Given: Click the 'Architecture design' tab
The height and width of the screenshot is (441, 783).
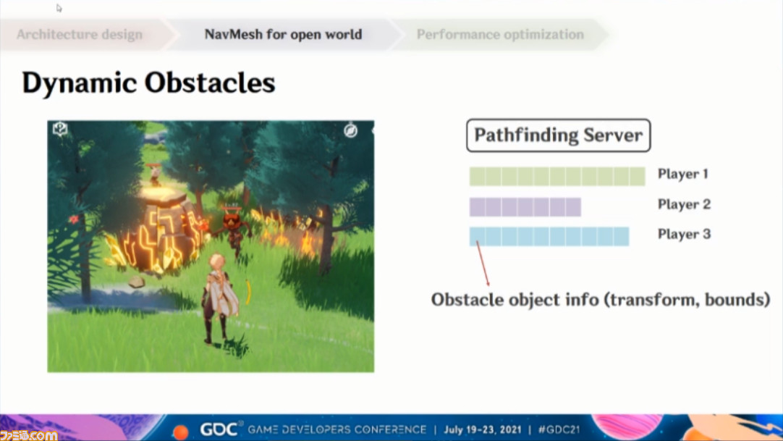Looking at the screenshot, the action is click(80, 35).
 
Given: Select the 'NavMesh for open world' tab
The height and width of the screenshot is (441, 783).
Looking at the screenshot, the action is click(283, 35).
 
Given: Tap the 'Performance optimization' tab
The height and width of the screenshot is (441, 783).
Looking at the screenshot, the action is click(500, 35).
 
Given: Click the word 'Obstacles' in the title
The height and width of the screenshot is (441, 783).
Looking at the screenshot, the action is click(211, 83).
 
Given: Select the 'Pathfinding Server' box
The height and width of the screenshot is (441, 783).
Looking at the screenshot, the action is click(558, 135).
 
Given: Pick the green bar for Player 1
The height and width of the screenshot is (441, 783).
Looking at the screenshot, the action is click(557, 176).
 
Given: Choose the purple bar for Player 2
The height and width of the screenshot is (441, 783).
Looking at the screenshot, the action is click(525, 207).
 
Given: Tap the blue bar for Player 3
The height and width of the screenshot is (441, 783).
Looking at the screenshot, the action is click(549, 236).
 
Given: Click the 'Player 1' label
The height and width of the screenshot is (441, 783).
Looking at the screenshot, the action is click(682, 174).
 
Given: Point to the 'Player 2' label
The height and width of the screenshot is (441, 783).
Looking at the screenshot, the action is click(684, 204).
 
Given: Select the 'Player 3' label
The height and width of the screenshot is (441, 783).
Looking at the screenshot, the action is click(684, 234).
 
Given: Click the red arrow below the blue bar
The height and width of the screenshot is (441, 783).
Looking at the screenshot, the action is click(483, 263).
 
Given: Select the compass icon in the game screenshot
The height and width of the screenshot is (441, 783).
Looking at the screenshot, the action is click(350, 131).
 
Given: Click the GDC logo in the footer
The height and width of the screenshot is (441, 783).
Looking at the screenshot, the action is click(219, 429).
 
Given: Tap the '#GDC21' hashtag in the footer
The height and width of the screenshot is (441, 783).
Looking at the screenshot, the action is click(559, 429).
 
